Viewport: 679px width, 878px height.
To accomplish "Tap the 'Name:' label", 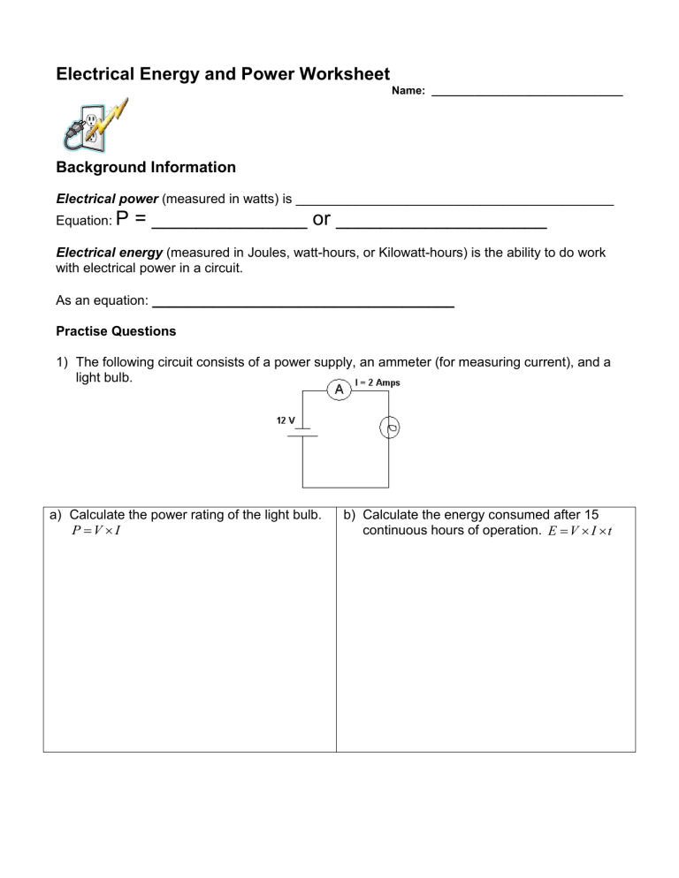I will [x=408, y=91].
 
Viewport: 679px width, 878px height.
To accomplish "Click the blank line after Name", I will [x=527, y=93].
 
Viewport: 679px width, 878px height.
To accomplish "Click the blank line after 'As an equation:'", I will [x=303, y=304].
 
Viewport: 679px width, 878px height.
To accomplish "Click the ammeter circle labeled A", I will [x=339, y=390].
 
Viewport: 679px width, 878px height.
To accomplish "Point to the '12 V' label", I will [x=286, y=421].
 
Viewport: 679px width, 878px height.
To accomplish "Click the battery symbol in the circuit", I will [x=303, y=435].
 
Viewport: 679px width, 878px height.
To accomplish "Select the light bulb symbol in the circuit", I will [x=390, y=429].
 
